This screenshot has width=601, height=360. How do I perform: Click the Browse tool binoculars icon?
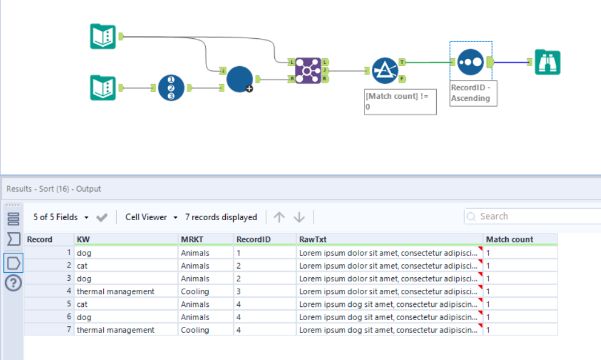tap(547, 62)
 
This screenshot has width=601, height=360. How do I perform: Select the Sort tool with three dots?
tap(470, 62)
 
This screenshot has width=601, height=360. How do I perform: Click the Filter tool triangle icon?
tap(385, 71)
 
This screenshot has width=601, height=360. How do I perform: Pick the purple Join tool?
tap(308, 71)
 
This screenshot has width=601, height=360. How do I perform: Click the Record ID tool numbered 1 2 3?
tap(171, 88)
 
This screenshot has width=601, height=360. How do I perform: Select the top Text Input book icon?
tap(103, 37)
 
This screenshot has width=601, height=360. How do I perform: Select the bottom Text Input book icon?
tap(103, 88)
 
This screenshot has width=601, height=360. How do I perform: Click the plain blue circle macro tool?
tap(239, 79)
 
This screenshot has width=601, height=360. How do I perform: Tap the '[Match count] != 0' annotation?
tap(400, 102)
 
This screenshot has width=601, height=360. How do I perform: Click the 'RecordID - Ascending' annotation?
tap(470, 94)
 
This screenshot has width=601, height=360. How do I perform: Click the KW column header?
tap(83, 240)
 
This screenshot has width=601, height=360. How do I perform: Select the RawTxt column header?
tap(312, 240)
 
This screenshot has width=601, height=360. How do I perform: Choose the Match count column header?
tap(509, 240)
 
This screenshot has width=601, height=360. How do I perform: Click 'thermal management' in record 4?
tap(115, 292)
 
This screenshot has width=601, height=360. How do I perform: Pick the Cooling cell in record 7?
tap(195, 330)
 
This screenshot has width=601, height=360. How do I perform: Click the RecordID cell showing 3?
tap(239, 292)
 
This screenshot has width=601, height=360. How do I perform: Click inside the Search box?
tap(530, 216)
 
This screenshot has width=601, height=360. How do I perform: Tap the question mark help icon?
tap(13, 283)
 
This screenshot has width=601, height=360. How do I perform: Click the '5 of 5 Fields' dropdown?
tap(61, 217)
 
